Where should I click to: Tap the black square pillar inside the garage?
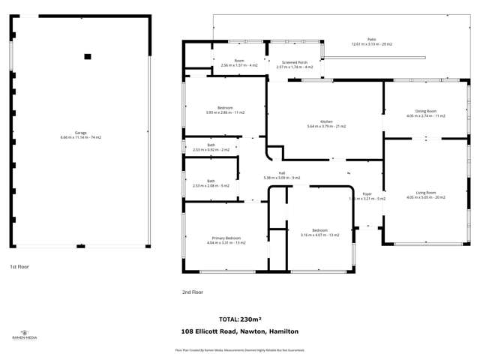88,56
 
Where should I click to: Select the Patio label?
371,41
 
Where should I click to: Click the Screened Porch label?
294,64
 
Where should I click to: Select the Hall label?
281,175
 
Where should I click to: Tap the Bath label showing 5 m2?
211,183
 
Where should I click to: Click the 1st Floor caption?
19,266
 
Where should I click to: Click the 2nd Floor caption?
192,292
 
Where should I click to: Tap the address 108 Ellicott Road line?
240,331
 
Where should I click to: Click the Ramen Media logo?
24,334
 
